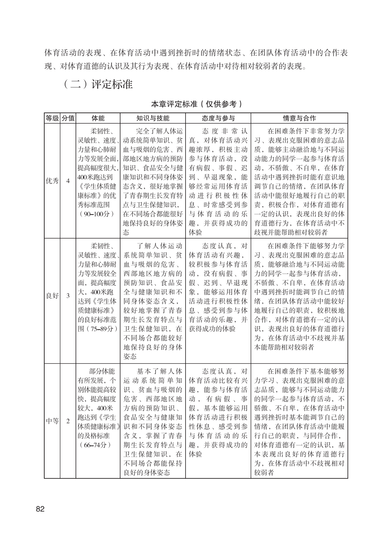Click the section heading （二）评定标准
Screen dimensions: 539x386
coord(98,84)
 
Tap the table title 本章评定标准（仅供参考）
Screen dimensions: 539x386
coord(196,104)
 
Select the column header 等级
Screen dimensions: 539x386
coord(52,118)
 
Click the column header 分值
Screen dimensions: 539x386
coord(68,118)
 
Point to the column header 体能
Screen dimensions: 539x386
coord(98,118)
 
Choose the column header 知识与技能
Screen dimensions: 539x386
coord(152,118)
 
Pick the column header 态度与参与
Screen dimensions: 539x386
coord(218,118)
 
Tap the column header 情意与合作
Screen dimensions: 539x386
coord(299,118)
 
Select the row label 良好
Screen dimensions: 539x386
coord(52,296)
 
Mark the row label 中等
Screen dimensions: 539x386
coord(52,421)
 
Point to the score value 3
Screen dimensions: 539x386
coord(68,296)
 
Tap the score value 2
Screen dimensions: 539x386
coord(68,421)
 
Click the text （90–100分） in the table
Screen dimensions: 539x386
coord(97,214)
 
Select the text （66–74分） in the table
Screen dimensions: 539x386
coord(96,445)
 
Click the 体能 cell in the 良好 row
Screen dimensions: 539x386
coord(98,287)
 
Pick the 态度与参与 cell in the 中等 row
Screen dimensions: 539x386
coord(218,412)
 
